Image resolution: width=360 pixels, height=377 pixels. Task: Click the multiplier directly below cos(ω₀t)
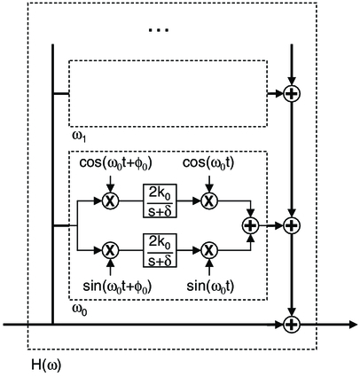coord(208,202)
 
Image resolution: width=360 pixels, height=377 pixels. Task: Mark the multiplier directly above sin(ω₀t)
coord(208,250)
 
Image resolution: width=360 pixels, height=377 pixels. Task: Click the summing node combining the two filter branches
coord(250,226)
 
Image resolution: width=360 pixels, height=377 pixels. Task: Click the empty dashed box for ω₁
coord(168,93)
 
